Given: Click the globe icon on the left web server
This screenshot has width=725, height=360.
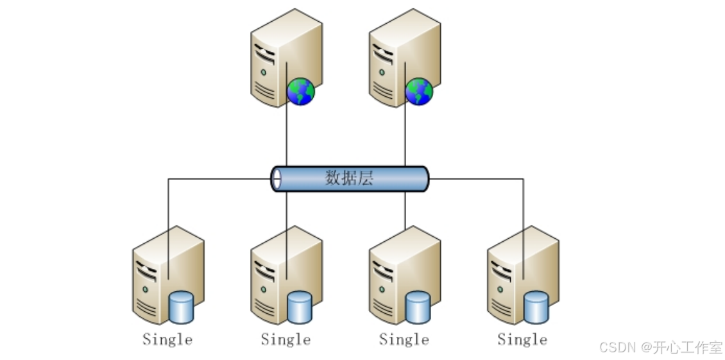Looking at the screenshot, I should click(x=301, y=92).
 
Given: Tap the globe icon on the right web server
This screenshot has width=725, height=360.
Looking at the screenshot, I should click(x=419, y=92).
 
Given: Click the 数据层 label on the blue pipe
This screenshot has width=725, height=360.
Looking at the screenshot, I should click(x=349, y=178).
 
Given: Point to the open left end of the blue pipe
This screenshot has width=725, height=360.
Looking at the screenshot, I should click(x=277, y=179).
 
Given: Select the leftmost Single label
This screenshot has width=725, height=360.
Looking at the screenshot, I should click(x=167, y=339).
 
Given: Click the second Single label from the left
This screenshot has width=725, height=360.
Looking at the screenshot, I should click(x=286, y=339).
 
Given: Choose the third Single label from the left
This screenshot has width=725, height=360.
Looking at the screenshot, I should click(x=404, y=339).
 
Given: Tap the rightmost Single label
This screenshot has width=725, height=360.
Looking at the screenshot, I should click(x=522, y=339).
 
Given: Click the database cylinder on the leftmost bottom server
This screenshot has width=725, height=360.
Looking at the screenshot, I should click(x=182, y=307).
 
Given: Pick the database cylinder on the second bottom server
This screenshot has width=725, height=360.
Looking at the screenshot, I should click(x=300, y=307).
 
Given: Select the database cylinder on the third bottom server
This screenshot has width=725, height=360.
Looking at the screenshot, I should click(x=418, y=307).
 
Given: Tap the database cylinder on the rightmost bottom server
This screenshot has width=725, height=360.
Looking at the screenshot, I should click(x=536, y=307).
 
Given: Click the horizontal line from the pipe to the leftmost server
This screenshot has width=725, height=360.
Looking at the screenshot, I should click(x=218, y=179).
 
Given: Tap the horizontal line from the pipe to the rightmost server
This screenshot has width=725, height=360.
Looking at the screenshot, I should click(x=475, y=179).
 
